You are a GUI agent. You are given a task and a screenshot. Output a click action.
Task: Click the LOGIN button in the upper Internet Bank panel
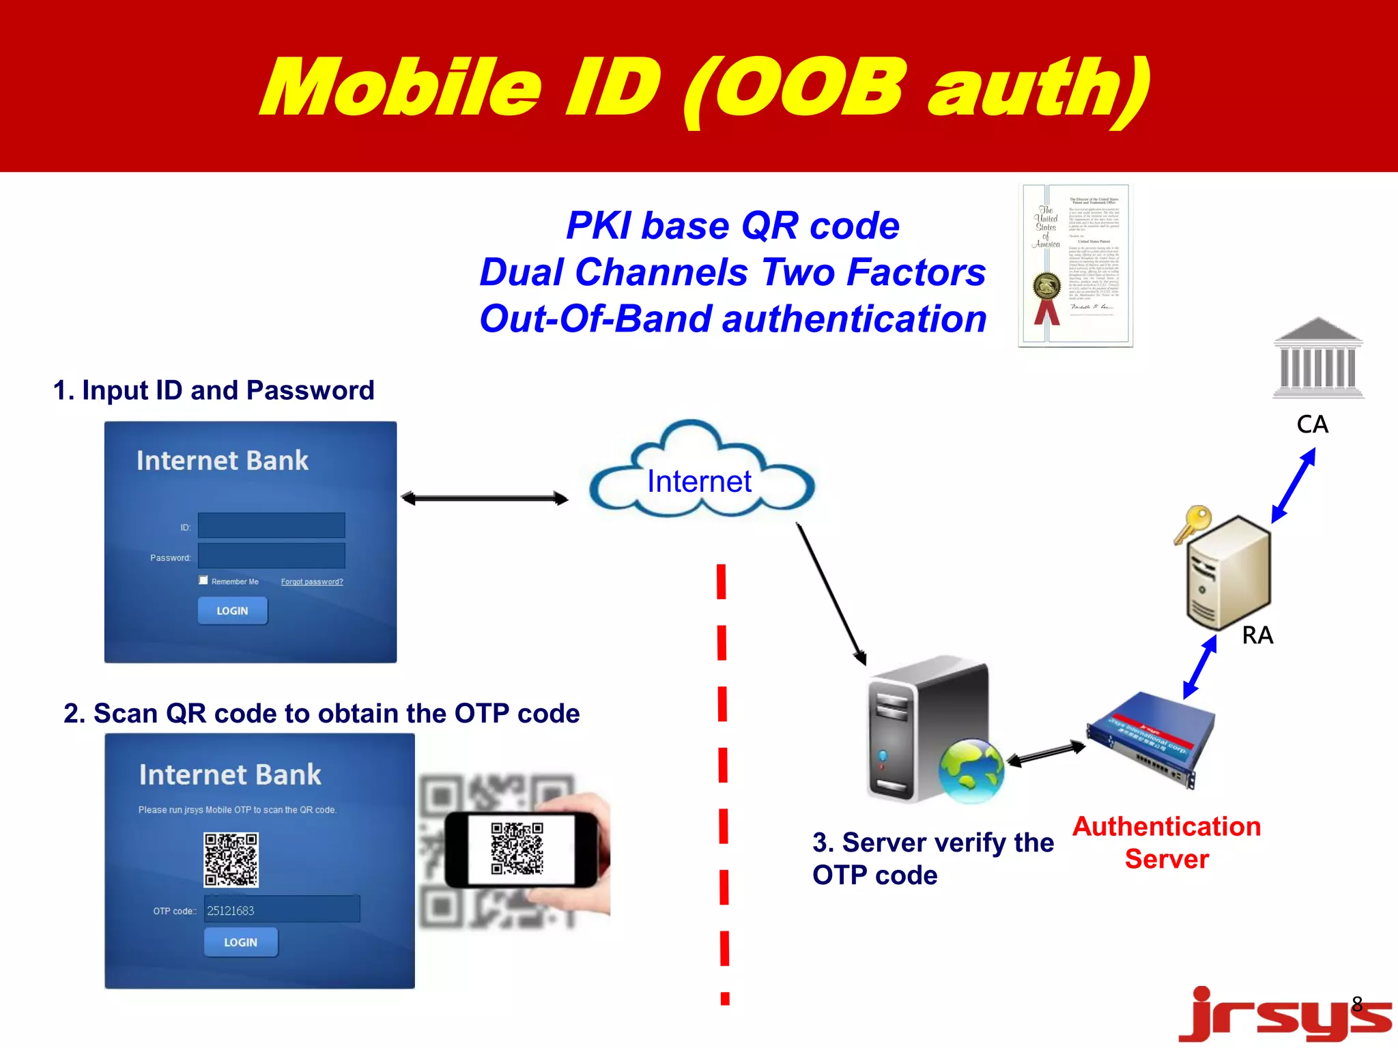click(232, 611)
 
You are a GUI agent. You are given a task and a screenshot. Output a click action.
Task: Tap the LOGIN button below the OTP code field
click(240, 942)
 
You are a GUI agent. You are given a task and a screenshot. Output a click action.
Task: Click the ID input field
click(271, 525)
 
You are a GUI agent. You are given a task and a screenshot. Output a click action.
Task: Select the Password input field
click(271, 555)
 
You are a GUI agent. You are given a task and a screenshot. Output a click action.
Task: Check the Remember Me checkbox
click(203, 580)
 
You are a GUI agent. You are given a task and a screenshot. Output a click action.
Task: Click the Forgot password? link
click(312, 582)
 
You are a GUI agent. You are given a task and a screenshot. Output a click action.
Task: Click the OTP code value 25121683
click(231, 911)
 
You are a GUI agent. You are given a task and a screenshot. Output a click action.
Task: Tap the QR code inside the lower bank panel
click(231, 859)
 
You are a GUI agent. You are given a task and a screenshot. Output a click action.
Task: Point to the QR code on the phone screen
click(517, 848)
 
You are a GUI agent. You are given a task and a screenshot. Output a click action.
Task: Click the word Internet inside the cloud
click(699, 482)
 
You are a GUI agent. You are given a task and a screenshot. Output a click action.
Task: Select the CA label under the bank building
click(1312, 424)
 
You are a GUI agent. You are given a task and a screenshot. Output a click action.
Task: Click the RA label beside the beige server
click(1257, 635)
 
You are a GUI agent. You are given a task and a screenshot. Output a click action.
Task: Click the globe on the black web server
click(971, 771)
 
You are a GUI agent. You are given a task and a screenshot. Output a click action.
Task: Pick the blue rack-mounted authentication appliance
click(1150, 740)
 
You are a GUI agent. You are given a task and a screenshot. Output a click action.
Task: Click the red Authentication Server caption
click(1167, 843)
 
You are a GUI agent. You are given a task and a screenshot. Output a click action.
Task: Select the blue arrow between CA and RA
click(1294, 485)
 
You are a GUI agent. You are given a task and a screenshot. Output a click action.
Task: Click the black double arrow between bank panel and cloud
click(485, 499)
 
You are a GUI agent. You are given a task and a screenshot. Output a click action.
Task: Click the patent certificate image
click(1075, 265)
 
